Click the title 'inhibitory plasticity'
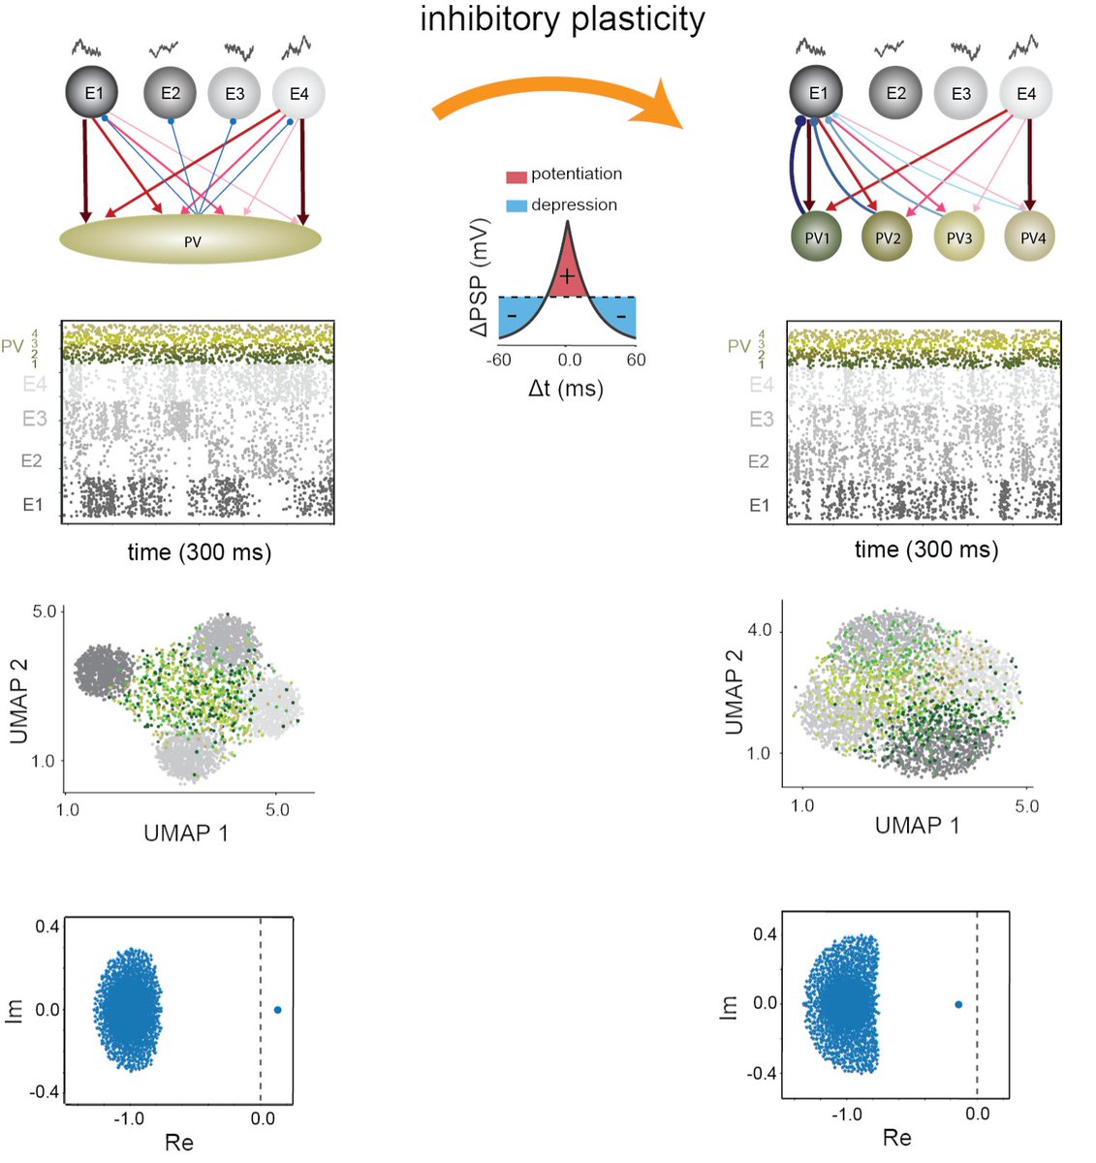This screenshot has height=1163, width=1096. (562, 19)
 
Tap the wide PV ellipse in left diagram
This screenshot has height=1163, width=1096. (191, 240)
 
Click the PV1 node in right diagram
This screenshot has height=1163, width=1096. (816, 237)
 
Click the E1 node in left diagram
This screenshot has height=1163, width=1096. (92, 94)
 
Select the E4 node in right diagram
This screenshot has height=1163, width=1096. (1025, 94)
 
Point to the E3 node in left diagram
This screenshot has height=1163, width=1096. (234, 94)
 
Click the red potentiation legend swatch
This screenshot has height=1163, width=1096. (517, 176)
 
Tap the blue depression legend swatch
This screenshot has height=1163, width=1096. (517, 206)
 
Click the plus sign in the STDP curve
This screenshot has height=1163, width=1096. (567, 277)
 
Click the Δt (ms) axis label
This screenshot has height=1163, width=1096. (566, 390)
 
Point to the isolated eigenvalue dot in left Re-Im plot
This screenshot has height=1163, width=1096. (278, 1010)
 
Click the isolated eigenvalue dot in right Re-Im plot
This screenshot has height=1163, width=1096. (958, 1004)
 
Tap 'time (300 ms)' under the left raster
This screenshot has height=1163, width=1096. (200, 552)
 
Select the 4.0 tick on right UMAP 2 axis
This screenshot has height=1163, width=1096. (760, 631)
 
